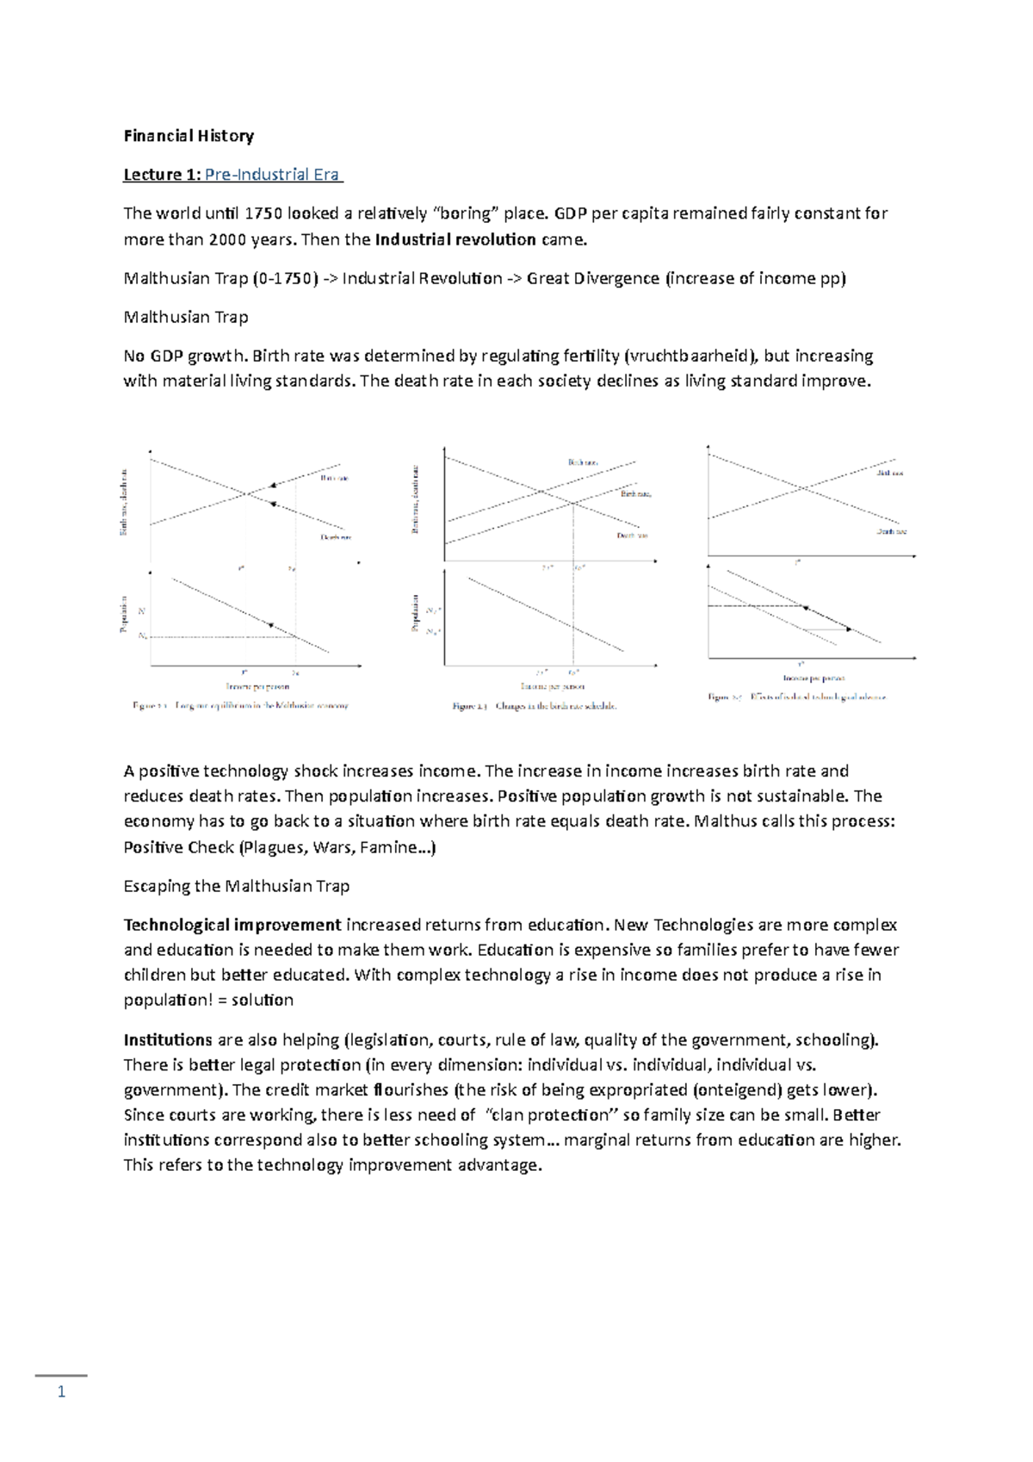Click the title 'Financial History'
click(189, 136)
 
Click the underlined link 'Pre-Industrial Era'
click(273, 175)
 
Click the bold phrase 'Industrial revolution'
click(455, 239)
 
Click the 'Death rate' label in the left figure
click(336, 537)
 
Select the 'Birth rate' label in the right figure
click(890, 473)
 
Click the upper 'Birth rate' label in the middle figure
click(583, 463)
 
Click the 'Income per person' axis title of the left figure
click(257, 686)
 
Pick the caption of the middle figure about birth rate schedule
click(535, 706)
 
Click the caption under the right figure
click(797, 697)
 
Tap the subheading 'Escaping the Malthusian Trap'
click(237, 886)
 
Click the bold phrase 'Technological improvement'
click(232, 926)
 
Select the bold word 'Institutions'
click(168, 1040)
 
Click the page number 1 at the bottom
click(61, 1392)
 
